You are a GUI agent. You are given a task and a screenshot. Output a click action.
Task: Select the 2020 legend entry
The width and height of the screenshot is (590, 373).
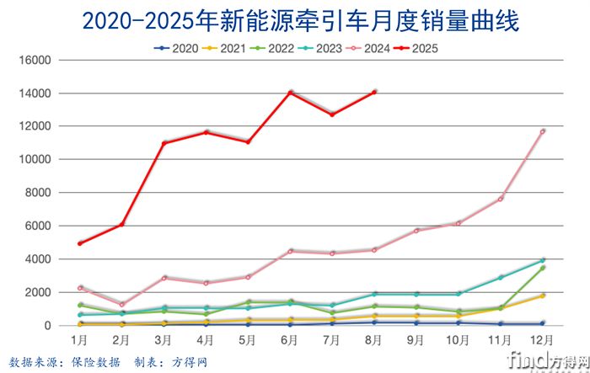(177, 48)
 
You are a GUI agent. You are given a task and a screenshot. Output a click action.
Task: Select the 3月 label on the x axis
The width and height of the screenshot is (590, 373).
(164, 339)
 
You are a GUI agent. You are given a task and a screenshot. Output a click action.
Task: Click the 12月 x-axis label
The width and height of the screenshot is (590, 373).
(543, 339)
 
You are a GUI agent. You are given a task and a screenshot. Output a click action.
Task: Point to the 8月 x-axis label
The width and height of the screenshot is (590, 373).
(374, 339)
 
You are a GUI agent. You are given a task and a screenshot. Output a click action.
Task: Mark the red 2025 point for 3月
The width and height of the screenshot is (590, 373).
(164, 143)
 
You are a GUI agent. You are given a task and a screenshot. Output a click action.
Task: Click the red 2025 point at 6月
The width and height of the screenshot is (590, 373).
(290, 93)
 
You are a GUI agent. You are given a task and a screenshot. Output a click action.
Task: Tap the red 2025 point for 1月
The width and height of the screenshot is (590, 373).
(79, 243)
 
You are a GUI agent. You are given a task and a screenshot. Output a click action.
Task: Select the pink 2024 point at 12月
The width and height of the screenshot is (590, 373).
(543, 131)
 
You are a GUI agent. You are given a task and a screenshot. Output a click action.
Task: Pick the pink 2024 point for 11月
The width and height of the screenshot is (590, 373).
(501, 199)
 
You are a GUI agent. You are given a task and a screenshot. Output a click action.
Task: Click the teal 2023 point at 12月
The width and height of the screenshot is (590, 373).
(543, 260)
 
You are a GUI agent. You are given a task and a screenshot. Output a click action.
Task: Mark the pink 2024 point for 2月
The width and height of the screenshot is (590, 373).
(121, 304)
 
